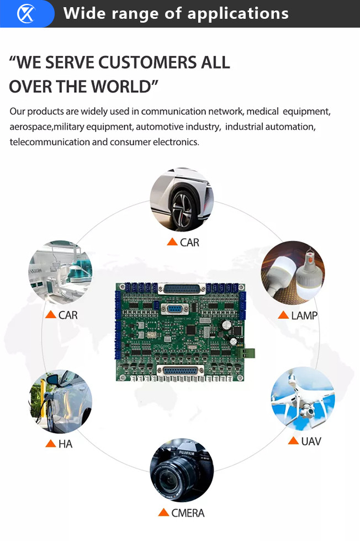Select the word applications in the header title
(x=238, y=13)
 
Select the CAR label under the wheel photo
(x=189, y=242)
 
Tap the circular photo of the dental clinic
(x=60, y=272)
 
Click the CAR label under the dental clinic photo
(x=68, y=315)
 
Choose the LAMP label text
(x=304, y=316)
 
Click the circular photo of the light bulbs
(x=293, y=272)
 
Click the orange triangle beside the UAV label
(x=293, y=441)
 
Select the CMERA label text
(x=188, y=513)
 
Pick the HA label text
(x=65, y=444)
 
